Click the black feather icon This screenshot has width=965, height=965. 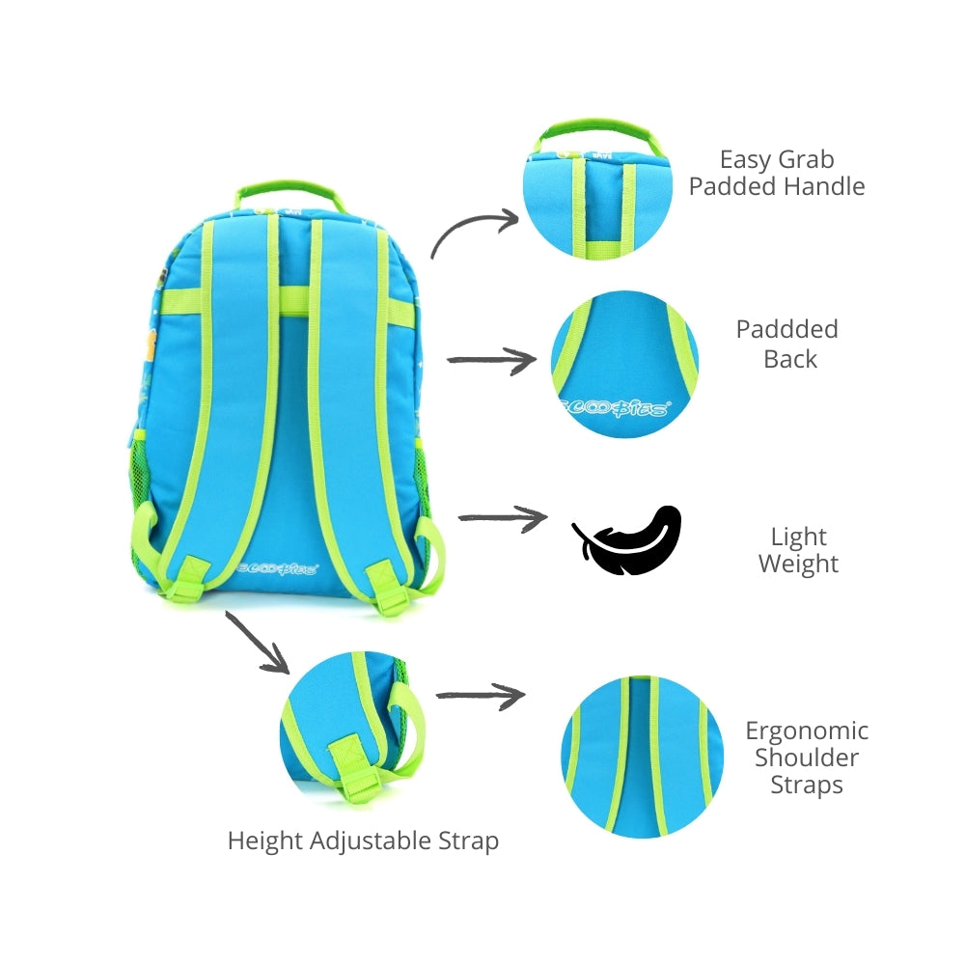point(627,541)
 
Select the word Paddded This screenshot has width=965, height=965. point(786,329)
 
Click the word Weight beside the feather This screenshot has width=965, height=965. point(798,564)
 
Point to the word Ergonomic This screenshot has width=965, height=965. point(807,731)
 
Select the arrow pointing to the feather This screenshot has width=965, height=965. point(502,518)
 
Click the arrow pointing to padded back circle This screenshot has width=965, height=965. point(492,361)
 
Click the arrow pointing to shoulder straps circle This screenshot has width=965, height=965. point(480,694)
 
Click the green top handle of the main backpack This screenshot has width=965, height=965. point(289,187)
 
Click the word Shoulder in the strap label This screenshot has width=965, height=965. point(807,758)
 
